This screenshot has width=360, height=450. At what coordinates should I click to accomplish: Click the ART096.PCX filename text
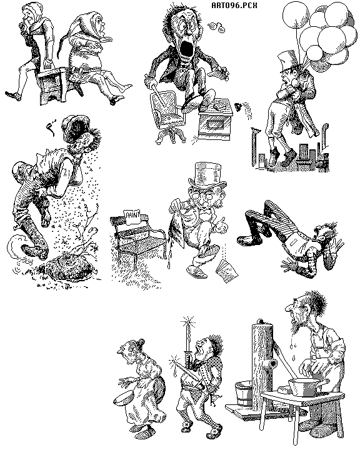[234, 6]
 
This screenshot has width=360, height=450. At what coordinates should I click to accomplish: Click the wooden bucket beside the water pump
[244, 394]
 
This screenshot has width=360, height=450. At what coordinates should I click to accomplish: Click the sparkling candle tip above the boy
[188, 324]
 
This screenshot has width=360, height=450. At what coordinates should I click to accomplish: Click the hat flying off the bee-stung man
[75, 127]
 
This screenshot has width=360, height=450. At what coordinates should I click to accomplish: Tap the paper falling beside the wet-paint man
[226, 270]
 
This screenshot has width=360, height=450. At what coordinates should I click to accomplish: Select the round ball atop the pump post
[261, 321]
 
